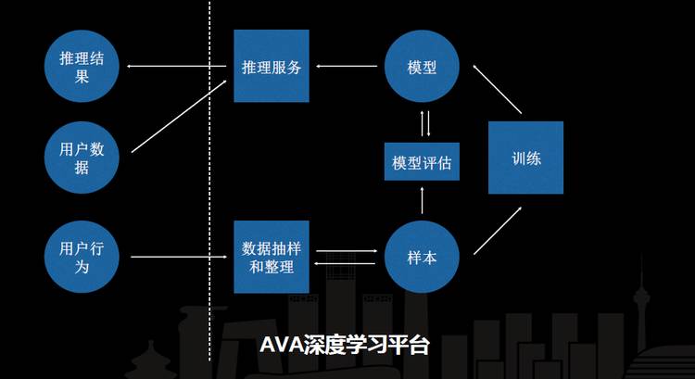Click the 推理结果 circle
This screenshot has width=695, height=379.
[x=82, y=67]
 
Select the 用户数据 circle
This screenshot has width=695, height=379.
[x=82, y=158]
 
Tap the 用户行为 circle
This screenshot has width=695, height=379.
[x=82, y=257]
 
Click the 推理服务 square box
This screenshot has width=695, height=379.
[x=271, y=67]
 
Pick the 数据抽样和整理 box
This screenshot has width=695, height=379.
[x=271, y=257]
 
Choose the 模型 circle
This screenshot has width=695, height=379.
[x=422, y=67]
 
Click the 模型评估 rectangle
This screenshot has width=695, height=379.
[x=422, y=162]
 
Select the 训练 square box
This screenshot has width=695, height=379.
[x=526, y=158]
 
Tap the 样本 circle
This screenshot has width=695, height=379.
[x=422, y=257]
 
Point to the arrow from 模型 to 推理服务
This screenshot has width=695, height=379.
[x=347, y=67]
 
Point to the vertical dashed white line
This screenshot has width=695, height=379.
[x=209, y=185]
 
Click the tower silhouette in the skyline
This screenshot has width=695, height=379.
[x=642, y=306]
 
